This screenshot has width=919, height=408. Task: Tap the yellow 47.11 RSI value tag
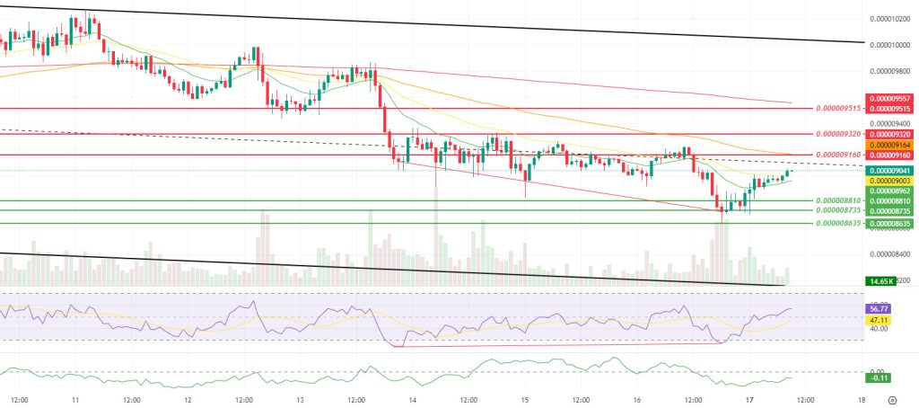(x=879, y=318)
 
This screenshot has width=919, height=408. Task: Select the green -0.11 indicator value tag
(x=879, y=380)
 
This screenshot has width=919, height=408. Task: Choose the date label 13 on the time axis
(x=301, y=399)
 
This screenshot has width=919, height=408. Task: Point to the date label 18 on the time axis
(x=861, y=399)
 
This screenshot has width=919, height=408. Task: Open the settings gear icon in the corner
(x=891, y=399)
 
